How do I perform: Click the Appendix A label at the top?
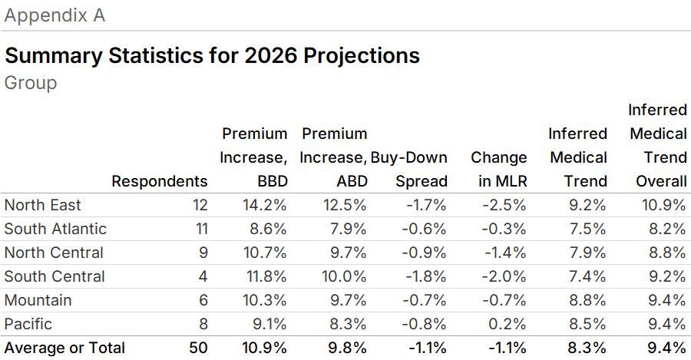pyautogui.click(x=55, y=15)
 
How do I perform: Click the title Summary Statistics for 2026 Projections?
pyautogui.click(x=212, y=56)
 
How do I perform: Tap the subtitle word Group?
pyautogui.click(x=31, y=82)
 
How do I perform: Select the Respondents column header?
pyautogui.click(x=160, y=181)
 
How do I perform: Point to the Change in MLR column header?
pyautogui.click(x=499, y=170)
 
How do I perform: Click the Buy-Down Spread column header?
pyautogui.click(x=409, y=170)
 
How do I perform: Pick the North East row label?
pyautogui.click(x=42, y=205)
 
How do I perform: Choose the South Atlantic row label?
pyautogui.click(x=55, y=229)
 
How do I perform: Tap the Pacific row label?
pyautogui.click(x=29, y=324)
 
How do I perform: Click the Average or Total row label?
pyautogui.click(x=64, y=348)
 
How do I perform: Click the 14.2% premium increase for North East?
pyautogui.click(x=265, y=205)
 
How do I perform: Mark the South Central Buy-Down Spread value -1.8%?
pyautogui.click(x=425, y=276)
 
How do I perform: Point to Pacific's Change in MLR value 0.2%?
pyautogui.click(x=508, y=324)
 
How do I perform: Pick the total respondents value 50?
pyautogui.click(x=198, y=348)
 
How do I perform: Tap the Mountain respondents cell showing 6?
pyautogui.click(x=203, y=300)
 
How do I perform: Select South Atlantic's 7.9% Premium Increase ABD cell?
pyautogui.click(x=346, y=229)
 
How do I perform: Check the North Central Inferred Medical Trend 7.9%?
pyautogui.click(x=587, y=253)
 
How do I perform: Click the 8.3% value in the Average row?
pyautogui.click(x=587, y=348)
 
